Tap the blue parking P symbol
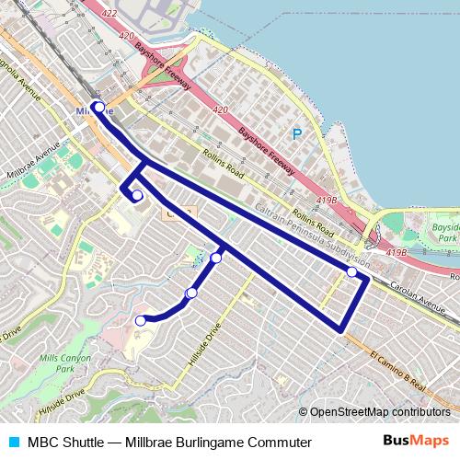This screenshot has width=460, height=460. pyautogui.click(x=296, y=133)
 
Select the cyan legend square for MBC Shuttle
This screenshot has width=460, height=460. pyautogui.click(x=12, y=443)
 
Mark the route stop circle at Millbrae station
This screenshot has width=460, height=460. pyautogui.click(x=98, y=108)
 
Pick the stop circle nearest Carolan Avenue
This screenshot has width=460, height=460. pyautogui.click(x=351, y=272)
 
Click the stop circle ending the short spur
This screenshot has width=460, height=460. pyautogui.click(x=137, y=195)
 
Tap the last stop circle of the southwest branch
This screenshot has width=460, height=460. pyautogui.click(x=141, y=321)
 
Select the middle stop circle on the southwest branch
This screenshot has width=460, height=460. pyautogui.click(x=191, y=293)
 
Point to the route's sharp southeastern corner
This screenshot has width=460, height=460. pyautogui.click(x=343, y=329)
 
